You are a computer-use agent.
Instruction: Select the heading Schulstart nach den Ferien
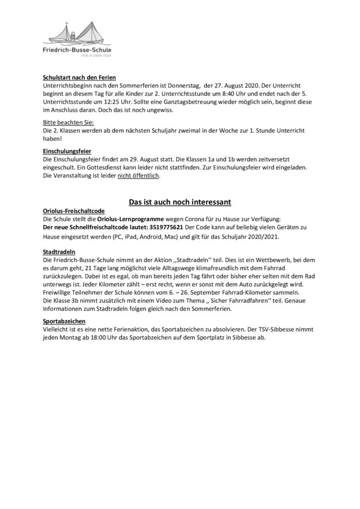point(79,78)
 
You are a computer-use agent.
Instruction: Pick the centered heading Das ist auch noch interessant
point(180,202)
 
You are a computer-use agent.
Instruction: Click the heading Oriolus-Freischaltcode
point(74,211)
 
